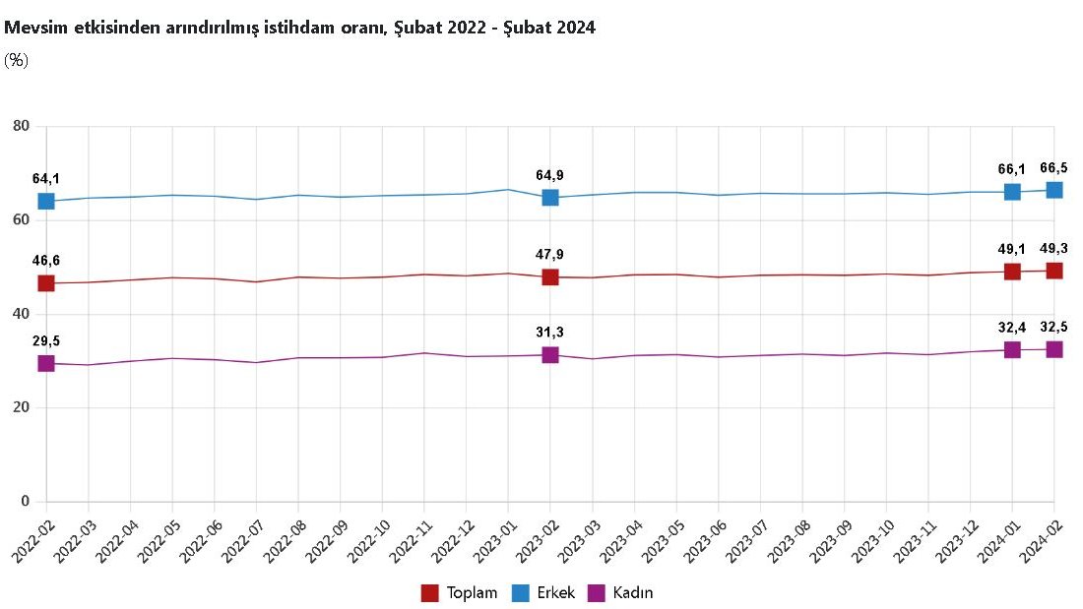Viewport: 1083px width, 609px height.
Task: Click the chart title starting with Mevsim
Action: [x=299, y=29]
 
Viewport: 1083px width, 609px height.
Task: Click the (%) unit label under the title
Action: [x=16, y=60]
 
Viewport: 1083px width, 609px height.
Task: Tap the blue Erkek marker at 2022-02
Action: [x=46, y=201]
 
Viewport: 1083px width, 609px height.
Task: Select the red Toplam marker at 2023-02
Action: [x=550, y=277]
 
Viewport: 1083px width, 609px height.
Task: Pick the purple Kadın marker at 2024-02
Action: [x=1054, y=349]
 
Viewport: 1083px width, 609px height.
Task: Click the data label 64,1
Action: [x=46, y=179]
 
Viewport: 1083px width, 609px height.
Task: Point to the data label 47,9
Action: [x=550, y=255]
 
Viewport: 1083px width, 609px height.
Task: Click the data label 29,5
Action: [x=46, y=340]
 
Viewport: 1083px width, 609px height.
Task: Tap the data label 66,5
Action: [x=1054, y=168]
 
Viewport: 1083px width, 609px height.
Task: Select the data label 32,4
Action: [x=1012, y=327]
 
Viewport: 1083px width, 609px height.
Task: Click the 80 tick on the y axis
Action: [x=22, y=126]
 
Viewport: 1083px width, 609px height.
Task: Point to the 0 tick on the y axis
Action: [x=26, y=502]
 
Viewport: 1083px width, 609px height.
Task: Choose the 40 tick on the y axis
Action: [x=22, y=314]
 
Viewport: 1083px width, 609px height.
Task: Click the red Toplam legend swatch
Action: [x=430, y=593]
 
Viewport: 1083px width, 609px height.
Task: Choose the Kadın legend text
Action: [x=632, y=593]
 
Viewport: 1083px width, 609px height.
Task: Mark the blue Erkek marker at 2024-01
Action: [x=1012, y=192]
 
